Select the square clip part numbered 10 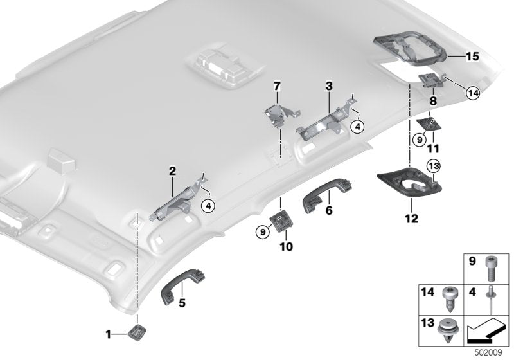pos(280,222)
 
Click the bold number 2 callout pos(172,171)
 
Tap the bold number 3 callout pos(328,85)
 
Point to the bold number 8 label pos(433,101)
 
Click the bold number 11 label pos(434,147)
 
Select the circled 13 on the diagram pos(434,167)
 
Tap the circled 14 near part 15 pos(472,94)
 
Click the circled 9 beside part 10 pos(263,230)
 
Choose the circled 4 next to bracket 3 pos(357,127)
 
